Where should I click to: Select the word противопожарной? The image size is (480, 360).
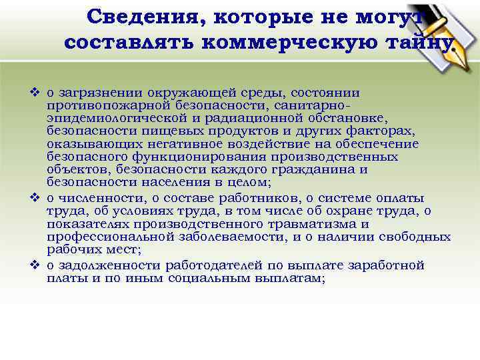coord(97,105)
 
